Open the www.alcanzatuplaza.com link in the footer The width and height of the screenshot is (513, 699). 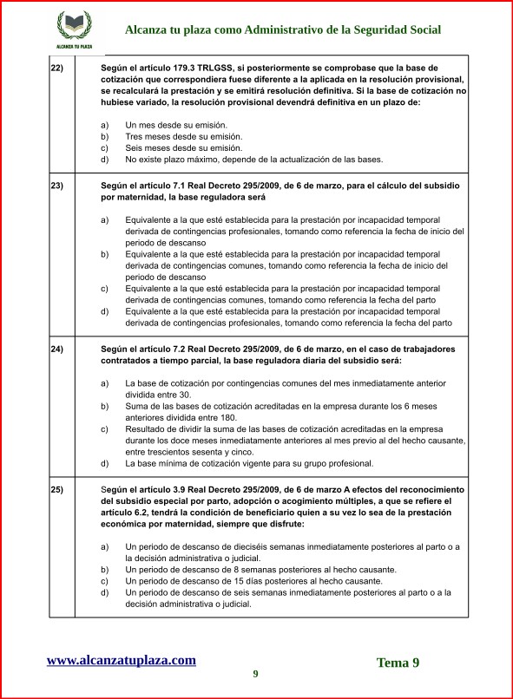[x=121, y=660]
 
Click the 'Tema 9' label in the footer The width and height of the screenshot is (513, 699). [x=398, y=663]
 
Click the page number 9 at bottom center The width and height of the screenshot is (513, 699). [x=255, y=674]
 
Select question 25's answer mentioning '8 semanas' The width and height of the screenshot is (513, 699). [x=260, y=570]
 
